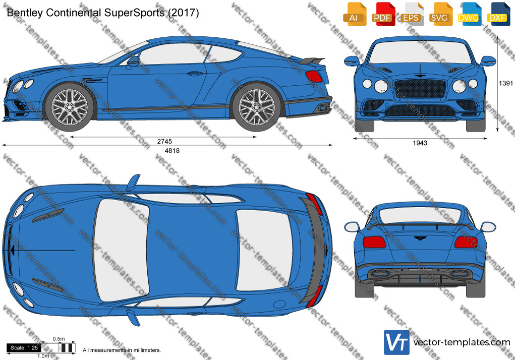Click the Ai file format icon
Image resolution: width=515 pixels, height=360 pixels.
(x=355, y=14)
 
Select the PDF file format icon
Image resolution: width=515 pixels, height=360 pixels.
(x=383, y=14)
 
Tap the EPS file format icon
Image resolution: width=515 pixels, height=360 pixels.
(x=411, y=14)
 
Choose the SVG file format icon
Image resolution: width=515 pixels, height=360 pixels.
(x=440, y=14)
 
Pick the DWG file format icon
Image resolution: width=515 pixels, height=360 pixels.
(x=469, y=14)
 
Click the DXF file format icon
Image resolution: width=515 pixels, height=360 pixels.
(x=497, y=14)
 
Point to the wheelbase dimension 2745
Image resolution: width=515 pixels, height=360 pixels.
(x=164, y=142)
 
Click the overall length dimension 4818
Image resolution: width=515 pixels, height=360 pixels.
(x=172, y=151)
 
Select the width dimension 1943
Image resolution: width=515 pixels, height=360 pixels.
(x=420, y=143)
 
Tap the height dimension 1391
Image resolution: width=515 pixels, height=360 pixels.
(x=506, y=83)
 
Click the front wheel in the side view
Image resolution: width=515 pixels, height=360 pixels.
(x=70, y=106)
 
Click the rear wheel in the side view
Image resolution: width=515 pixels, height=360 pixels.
(x=257, y=107)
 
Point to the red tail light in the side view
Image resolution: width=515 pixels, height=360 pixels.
(x=314, y=76)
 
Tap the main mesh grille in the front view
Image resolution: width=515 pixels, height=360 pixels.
(x=420, y=89)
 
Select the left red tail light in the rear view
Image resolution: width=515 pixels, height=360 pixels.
(x=374, y=242)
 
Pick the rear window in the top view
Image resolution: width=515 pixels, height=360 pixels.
(x=264, y=251)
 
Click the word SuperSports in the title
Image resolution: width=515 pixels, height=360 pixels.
(x=134, y=13)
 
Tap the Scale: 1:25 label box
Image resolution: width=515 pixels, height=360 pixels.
(x=24, y=348)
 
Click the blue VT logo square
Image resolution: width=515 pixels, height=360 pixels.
(x=396, y=342)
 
